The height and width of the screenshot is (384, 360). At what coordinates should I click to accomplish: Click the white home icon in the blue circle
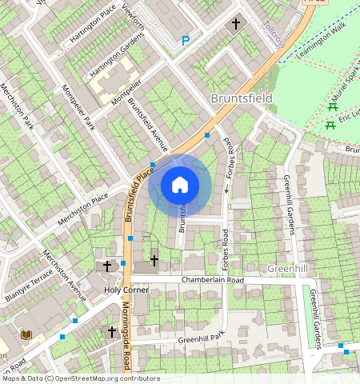coord(180,185)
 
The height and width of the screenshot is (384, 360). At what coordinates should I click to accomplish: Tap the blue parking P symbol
coord(186,40)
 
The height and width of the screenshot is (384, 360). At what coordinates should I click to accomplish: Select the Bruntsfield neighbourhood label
coord(241,98)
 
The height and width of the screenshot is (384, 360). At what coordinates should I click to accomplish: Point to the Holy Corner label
coord(127,290)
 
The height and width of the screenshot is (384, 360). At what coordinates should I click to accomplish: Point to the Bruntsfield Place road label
coord(137,196)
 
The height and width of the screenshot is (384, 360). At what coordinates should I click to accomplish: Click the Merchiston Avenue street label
coord(64,276)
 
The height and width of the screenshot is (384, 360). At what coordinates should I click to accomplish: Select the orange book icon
coord(25,334)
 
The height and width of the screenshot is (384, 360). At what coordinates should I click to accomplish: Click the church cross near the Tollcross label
coord(236,25)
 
